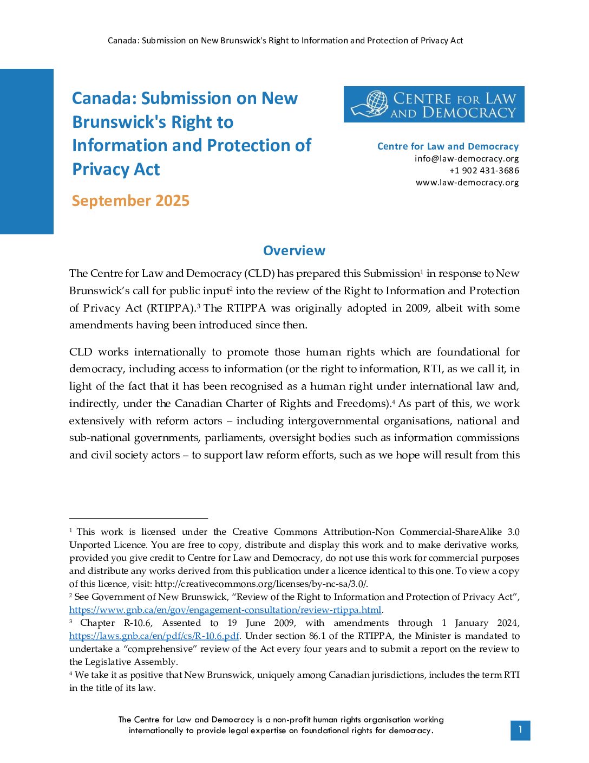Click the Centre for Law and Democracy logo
[x=434, y=104]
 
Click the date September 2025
[x=130, y=201]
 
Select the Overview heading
[x=294, y=250]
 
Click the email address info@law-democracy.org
[x=467, y=158]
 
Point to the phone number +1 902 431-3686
[x=484, y=170]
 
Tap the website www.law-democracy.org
[x=467, y=182]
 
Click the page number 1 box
[x=520, y=730]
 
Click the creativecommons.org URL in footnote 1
[x=260, y=584]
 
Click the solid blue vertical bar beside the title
[x=27, y=151]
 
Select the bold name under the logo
[x=448, y=146]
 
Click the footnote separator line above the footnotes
[x=139, y=519]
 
